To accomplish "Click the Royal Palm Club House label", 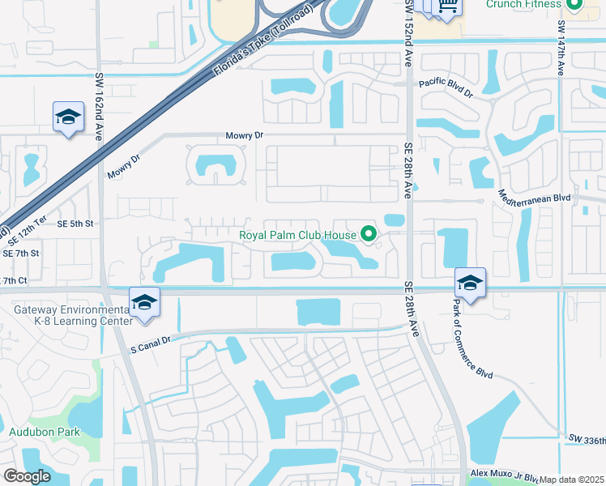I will [297, 236].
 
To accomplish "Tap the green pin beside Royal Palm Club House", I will [369, 235].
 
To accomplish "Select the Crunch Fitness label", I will [523, 4].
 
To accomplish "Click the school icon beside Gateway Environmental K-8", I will [144, 303].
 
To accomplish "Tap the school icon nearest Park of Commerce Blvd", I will [469, 282].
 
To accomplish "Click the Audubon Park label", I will [45, 432].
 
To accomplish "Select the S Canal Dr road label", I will [151, 344].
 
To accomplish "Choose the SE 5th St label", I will [75, 224].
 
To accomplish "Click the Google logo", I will [28, 475].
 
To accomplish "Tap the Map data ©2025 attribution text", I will [572, 480].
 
